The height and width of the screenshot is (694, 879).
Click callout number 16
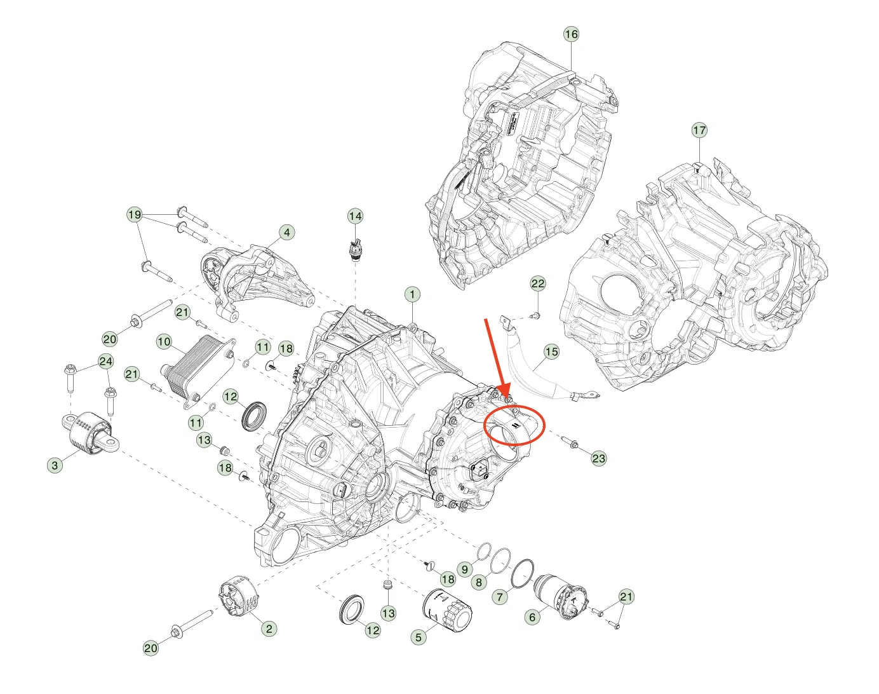click(571, 34)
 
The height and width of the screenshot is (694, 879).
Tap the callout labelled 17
click(699, 130)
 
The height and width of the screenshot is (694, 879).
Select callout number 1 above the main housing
click(412, 294)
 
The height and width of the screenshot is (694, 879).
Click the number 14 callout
click(355, 216)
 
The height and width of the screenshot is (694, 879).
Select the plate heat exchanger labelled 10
click(197, 371)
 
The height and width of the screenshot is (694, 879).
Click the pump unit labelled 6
click(560, 596)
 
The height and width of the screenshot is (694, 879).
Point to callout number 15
click(551, 351)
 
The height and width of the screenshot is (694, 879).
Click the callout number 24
click(106, 362)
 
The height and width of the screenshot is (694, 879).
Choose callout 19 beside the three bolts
click(135, 214)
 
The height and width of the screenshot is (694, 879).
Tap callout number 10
click(164, 342)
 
